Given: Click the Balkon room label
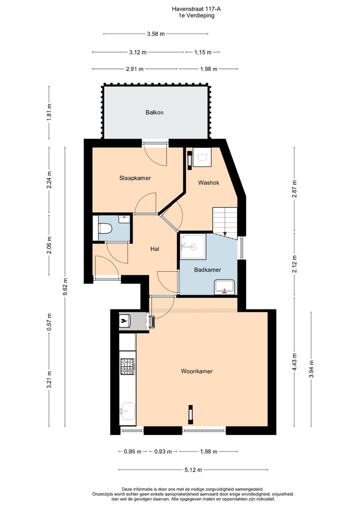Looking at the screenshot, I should coord(154,112).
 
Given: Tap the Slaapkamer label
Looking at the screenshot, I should coord(135,178).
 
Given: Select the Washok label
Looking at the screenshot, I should coord(208,182).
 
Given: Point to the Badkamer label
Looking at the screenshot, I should coord(207,270).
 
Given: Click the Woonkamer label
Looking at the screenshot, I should coord(196,371).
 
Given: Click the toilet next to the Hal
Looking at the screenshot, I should coord(105,229).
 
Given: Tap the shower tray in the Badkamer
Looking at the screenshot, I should coord(193,247).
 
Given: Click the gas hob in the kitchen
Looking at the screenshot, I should coord(127,366).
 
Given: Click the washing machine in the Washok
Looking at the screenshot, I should coord(202,157).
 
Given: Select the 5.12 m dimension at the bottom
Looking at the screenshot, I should coord(193,470).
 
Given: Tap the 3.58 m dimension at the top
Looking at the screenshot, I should coord(155,34).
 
